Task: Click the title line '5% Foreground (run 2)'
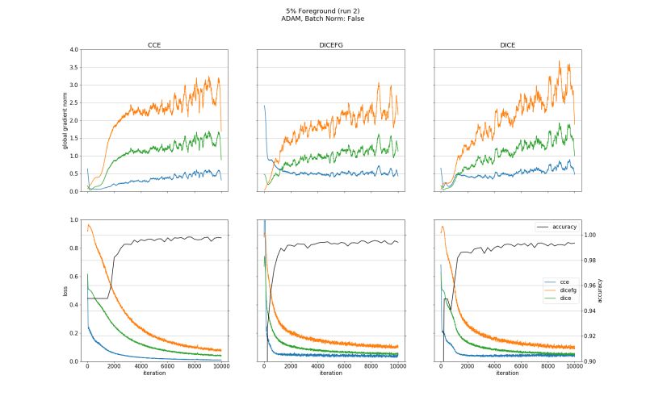click(323, 10)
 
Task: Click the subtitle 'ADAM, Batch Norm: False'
click(323, 18)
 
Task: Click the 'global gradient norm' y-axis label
click(65, 121)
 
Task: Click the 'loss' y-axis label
click(65, 290)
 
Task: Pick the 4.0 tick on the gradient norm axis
click(73, 50)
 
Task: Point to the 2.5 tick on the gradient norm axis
click(73, 103)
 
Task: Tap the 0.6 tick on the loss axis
click(73, 277)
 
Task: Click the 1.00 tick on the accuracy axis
click(589, 235)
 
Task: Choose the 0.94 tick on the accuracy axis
click(589, 311)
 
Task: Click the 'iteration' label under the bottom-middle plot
click(330, 373)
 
